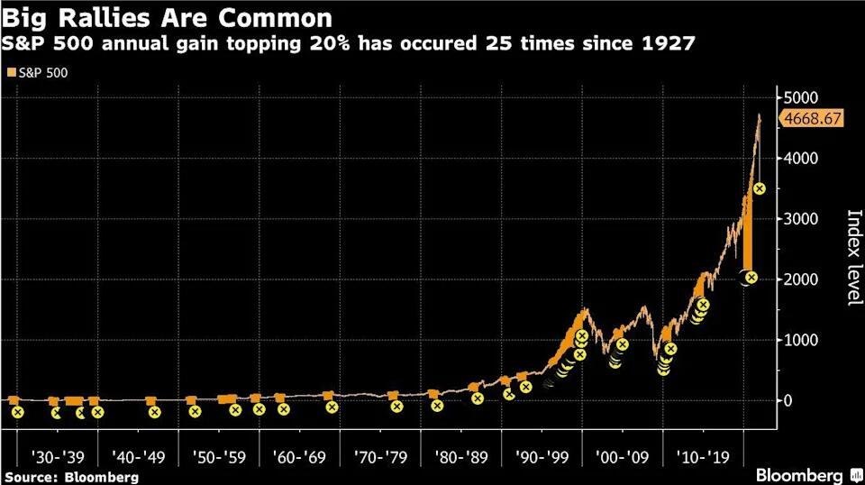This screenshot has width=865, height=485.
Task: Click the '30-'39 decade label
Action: [x=59, y=456]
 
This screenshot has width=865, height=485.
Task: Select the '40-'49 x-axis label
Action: [x=138, y=456]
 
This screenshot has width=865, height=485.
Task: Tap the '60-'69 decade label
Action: [x=299, y=456]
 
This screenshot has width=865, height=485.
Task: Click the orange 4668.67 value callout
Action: [x=813, y=118]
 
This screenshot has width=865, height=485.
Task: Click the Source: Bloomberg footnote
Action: [x=72, y=476]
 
